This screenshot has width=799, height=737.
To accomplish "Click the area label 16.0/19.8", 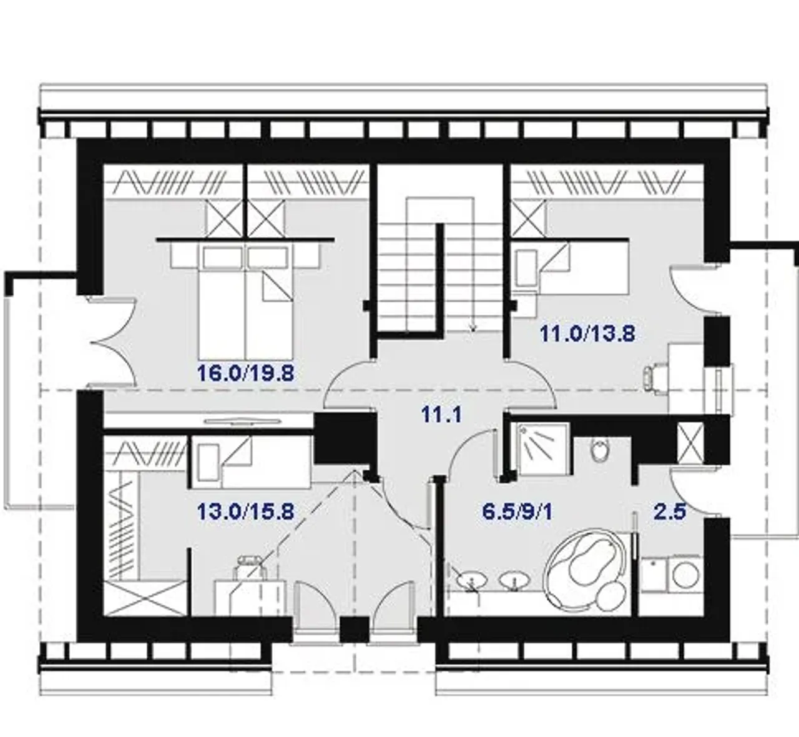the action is click(x=245, y=373).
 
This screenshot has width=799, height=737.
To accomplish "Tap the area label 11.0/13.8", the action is click(x=587, y=334).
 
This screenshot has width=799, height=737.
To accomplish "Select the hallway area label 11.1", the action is click(x=441, y=415).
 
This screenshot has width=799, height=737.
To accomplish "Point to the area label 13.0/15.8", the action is click(x=245, y=512).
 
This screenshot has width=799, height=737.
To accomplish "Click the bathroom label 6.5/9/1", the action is click(x=517, y=512).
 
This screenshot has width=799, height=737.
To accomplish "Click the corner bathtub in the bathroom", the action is click(x=587, y=572).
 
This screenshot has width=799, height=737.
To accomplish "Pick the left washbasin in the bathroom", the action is click(x=471, y=581).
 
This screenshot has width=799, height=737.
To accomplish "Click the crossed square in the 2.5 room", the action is click(x=690, y=443).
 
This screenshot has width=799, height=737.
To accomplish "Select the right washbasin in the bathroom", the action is click(x=514, y=581).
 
